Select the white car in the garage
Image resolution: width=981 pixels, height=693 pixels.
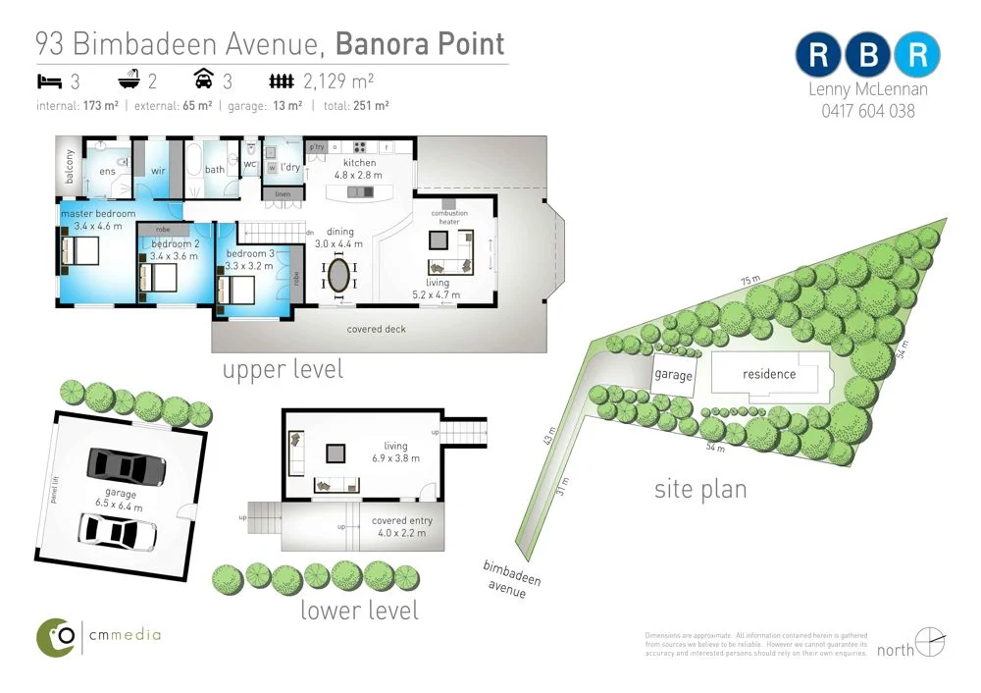(x=117, y=531)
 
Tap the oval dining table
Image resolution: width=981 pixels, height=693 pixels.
(x=338, y=273)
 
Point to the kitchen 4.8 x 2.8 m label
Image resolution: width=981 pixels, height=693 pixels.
(x=358, y=169)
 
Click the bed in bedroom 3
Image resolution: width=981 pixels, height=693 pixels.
(x=235, y=290)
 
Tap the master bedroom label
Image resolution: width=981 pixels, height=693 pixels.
(x=98, y=214)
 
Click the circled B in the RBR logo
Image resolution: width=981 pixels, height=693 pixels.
(x=867, y=56)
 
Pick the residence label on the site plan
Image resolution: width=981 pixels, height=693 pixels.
(x=769, y=374)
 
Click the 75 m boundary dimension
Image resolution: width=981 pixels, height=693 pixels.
(x=749, y=282)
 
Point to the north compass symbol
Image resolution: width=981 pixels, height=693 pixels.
(x=929, y=643)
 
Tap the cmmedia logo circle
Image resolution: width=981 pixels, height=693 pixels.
(x=57, y=637)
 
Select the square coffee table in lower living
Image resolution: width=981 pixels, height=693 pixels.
(x=336, y=453)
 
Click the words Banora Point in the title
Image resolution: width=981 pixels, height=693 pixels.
(x=420, y=44)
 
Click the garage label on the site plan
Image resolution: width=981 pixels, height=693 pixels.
(x=674, y=376)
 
